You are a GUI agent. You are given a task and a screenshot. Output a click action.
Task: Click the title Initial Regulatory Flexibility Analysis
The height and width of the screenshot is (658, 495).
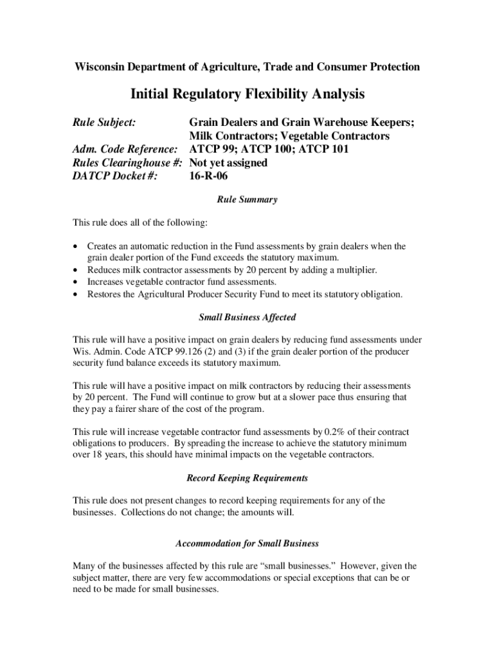click(x=248, y=94)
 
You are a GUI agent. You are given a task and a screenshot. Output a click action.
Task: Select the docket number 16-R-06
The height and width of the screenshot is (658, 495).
click(x=208, y=175)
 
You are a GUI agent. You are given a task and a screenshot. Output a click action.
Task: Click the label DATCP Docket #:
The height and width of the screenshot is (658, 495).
click(x=115, y=175)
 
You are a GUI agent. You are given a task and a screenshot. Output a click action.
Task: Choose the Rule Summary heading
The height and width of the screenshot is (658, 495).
click(x=248, y=200)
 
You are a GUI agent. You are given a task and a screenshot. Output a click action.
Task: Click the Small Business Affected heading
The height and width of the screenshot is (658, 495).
click(x=248, y=317)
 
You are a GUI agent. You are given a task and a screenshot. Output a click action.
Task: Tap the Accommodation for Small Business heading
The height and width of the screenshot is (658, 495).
click(x=248, y=544)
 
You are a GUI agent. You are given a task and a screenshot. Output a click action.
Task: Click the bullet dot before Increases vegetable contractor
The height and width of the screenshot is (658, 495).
click(x=77, y=282)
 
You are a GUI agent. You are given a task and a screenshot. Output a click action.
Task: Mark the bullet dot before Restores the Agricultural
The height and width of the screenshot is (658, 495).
click(x=77, y=294)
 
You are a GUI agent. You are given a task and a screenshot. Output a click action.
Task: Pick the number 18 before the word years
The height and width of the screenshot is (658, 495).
click(x=98, y=455)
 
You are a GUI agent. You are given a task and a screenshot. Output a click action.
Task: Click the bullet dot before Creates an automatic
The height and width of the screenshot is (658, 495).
click(x=77, y=247)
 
